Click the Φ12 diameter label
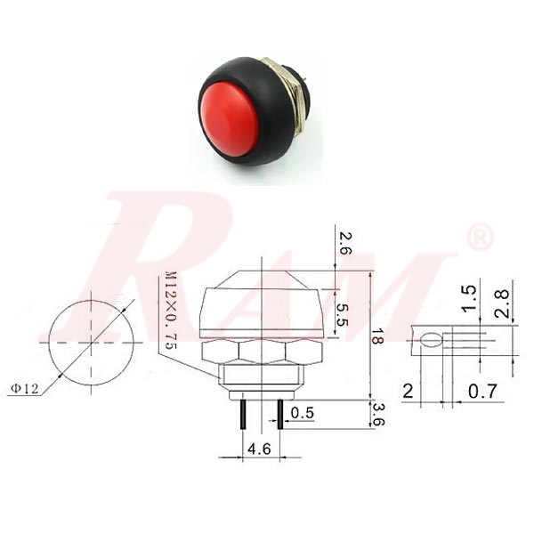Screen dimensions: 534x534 (26, 387)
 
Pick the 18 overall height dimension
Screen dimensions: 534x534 (378, 336)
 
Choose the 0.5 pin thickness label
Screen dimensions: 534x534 (303, 414)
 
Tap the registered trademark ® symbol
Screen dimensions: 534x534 (480, 238)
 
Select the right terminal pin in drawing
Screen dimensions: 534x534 (281, 415)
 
